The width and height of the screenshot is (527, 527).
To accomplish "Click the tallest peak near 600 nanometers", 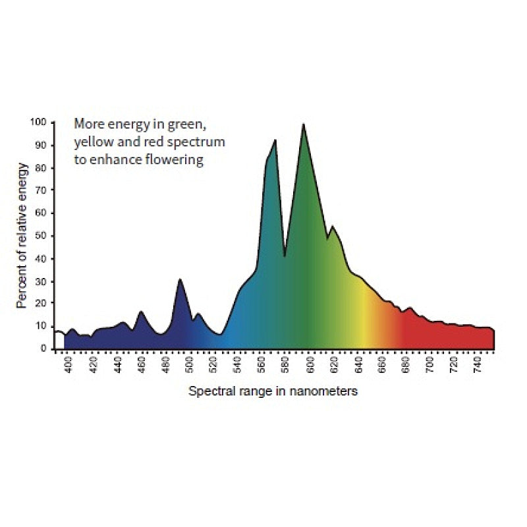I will tap(303, 125).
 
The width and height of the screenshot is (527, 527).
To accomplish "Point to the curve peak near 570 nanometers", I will tap(275, 140).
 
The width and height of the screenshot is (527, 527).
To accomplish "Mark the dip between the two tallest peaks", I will tap(285, 255).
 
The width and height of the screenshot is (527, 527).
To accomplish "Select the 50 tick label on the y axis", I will tap(41, 236).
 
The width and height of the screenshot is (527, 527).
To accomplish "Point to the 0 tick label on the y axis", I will tap(43, 348).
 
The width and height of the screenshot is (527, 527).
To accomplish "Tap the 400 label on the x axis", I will tap(69, 366).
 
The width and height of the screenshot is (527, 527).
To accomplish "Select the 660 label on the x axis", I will tap(381, 366).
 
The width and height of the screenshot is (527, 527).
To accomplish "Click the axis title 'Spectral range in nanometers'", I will tap(273, 391).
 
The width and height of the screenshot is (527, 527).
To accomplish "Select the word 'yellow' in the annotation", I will tap(92, 142).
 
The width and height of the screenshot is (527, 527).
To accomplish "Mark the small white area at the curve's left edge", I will tap(59, 340).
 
